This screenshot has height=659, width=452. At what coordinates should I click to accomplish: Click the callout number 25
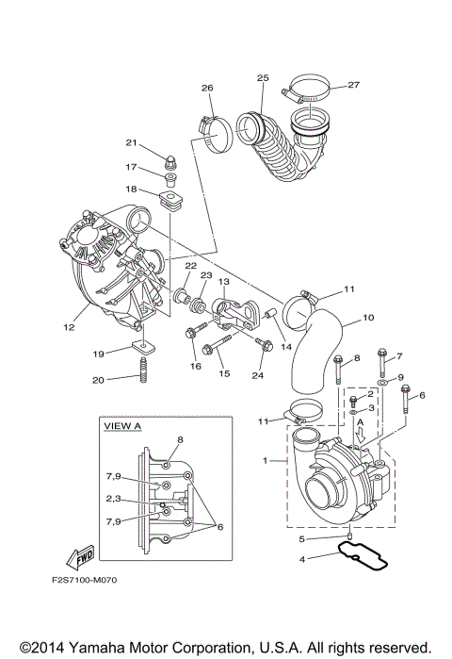point(262,77)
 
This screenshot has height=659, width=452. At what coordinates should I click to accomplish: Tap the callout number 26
point(207,89)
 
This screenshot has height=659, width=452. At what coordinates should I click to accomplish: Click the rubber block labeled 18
point(171,198)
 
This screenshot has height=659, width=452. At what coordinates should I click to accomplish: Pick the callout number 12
point(69,328)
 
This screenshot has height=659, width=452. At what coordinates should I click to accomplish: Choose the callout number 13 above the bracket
point(224,281)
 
